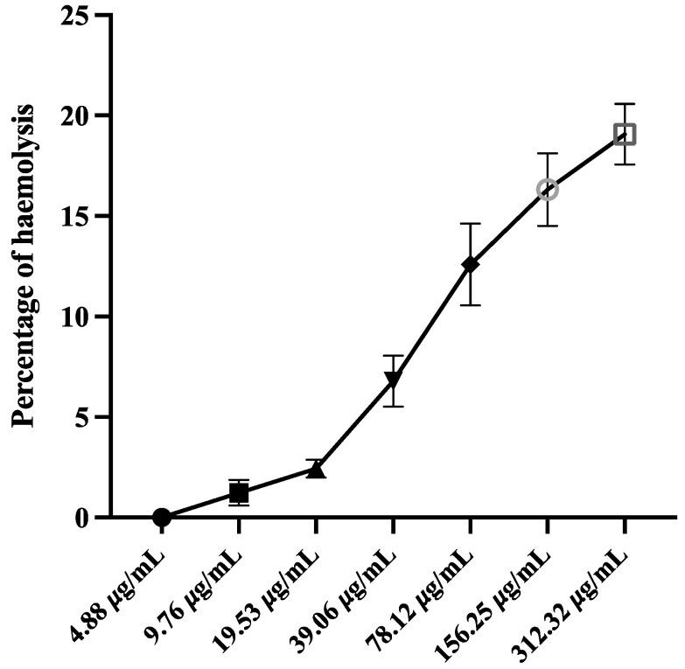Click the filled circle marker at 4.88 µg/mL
pos(162,517)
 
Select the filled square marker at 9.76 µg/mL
pos(239,492)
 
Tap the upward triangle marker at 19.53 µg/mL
pos(317,470)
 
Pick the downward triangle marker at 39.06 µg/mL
pos(394,380)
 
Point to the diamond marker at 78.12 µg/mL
pos(471,264)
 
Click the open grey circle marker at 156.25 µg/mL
pos(548,190)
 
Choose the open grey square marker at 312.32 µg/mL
pos(625,134)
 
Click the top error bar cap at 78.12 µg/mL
pos(471,224)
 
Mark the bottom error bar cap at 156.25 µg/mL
pos(548,226)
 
